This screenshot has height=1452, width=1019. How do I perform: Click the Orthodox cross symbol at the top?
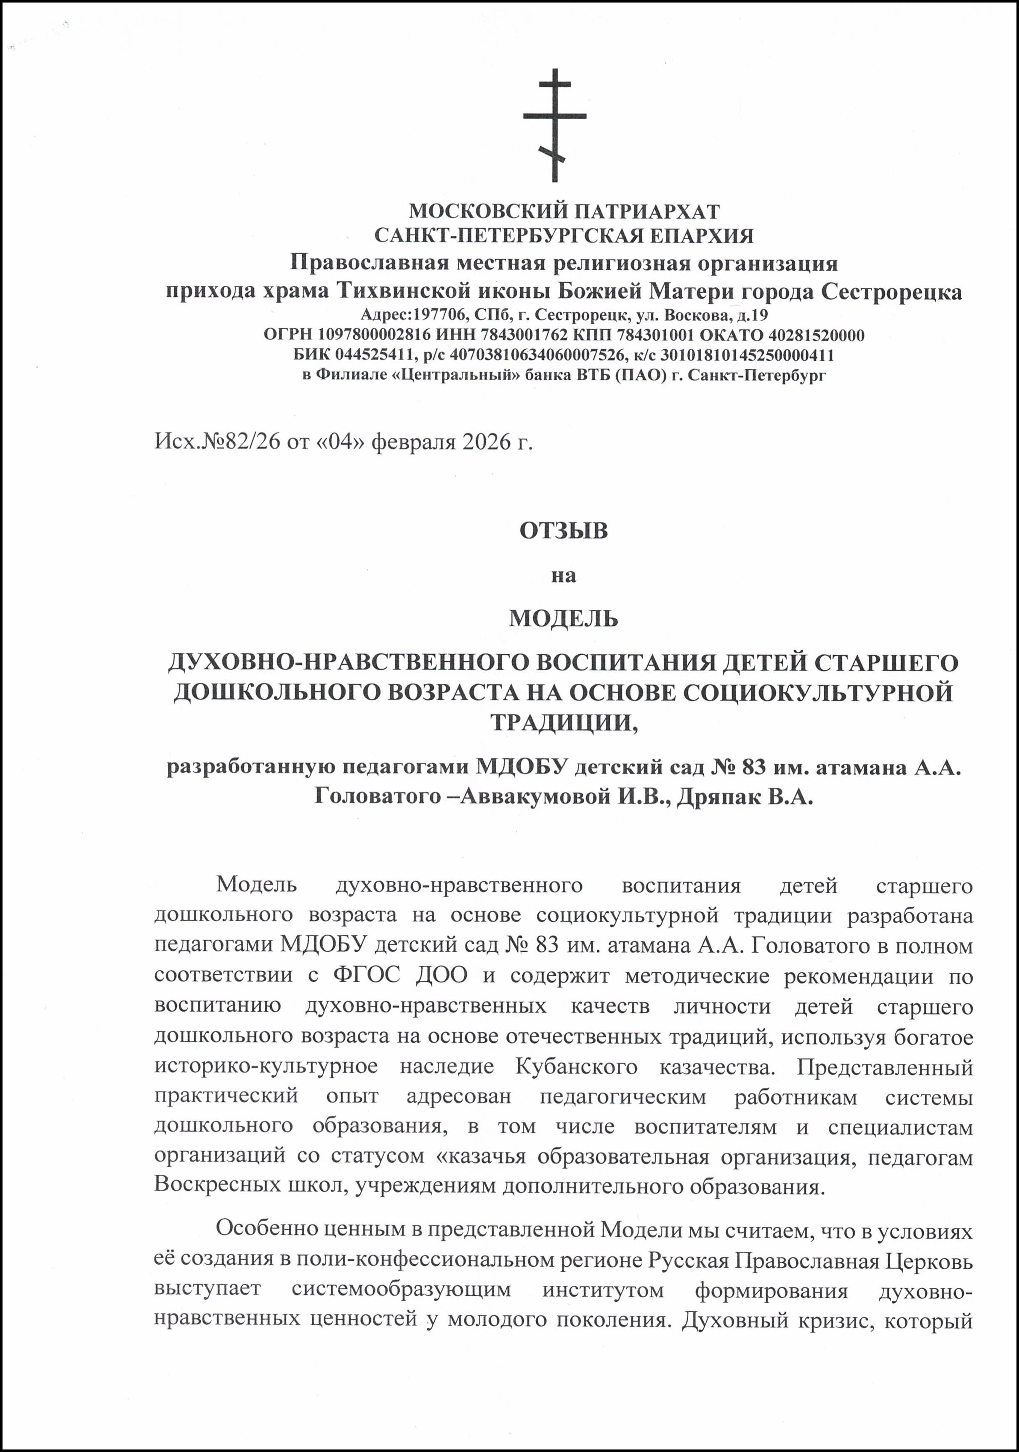(554, 125)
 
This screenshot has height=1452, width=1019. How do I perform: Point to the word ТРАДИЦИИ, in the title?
(564, 722)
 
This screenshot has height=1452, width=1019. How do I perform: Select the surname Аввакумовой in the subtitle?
(535, 796)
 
